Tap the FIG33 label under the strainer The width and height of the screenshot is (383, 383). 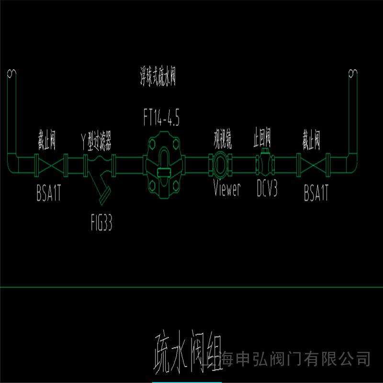coord(101,224)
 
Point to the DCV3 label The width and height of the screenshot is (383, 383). coord(267,189)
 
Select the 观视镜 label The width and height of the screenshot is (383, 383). coord(223,141)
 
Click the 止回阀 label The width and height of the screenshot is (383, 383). coord(262,140)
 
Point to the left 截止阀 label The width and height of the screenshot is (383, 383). coord(48,141)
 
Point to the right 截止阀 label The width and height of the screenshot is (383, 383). coord(312,141)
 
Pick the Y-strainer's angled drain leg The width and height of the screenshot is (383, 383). coord(102,188)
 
